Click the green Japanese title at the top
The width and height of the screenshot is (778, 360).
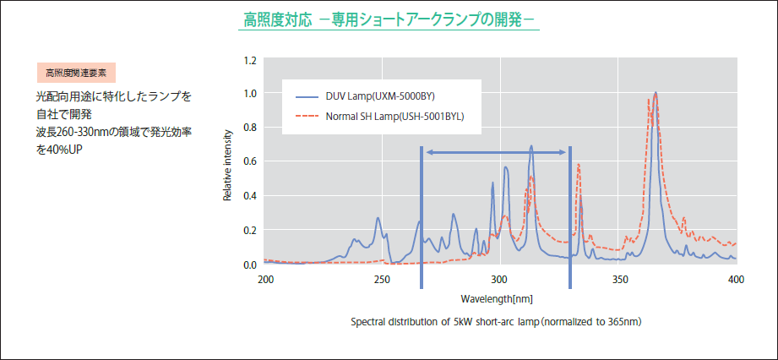click(389, 19)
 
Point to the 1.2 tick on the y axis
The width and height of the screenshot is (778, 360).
click(249, 61)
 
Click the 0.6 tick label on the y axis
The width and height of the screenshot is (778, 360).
click(249, 161)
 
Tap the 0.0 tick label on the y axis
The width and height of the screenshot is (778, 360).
click(249, 265)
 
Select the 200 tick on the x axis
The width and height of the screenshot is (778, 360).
click(265, 279)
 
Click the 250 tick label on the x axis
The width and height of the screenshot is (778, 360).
click(382, 279)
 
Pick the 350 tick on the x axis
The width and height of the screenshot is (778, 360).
click(619, 279)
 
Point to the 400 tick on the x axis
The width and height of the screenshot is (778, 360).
click(736, 279)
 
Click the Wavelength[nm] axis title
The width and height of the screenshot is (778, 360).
click(497, 299)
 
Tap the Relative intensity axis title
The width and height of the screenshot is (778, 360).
click(227, 164)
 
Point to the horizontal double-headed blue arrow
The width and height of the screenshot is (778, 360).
click(496, 152)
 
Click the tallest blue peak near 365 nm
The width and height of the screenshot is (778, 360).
click(656, 94)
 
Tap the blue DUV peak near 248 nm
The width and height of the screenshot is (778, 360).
click(378, 219)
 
